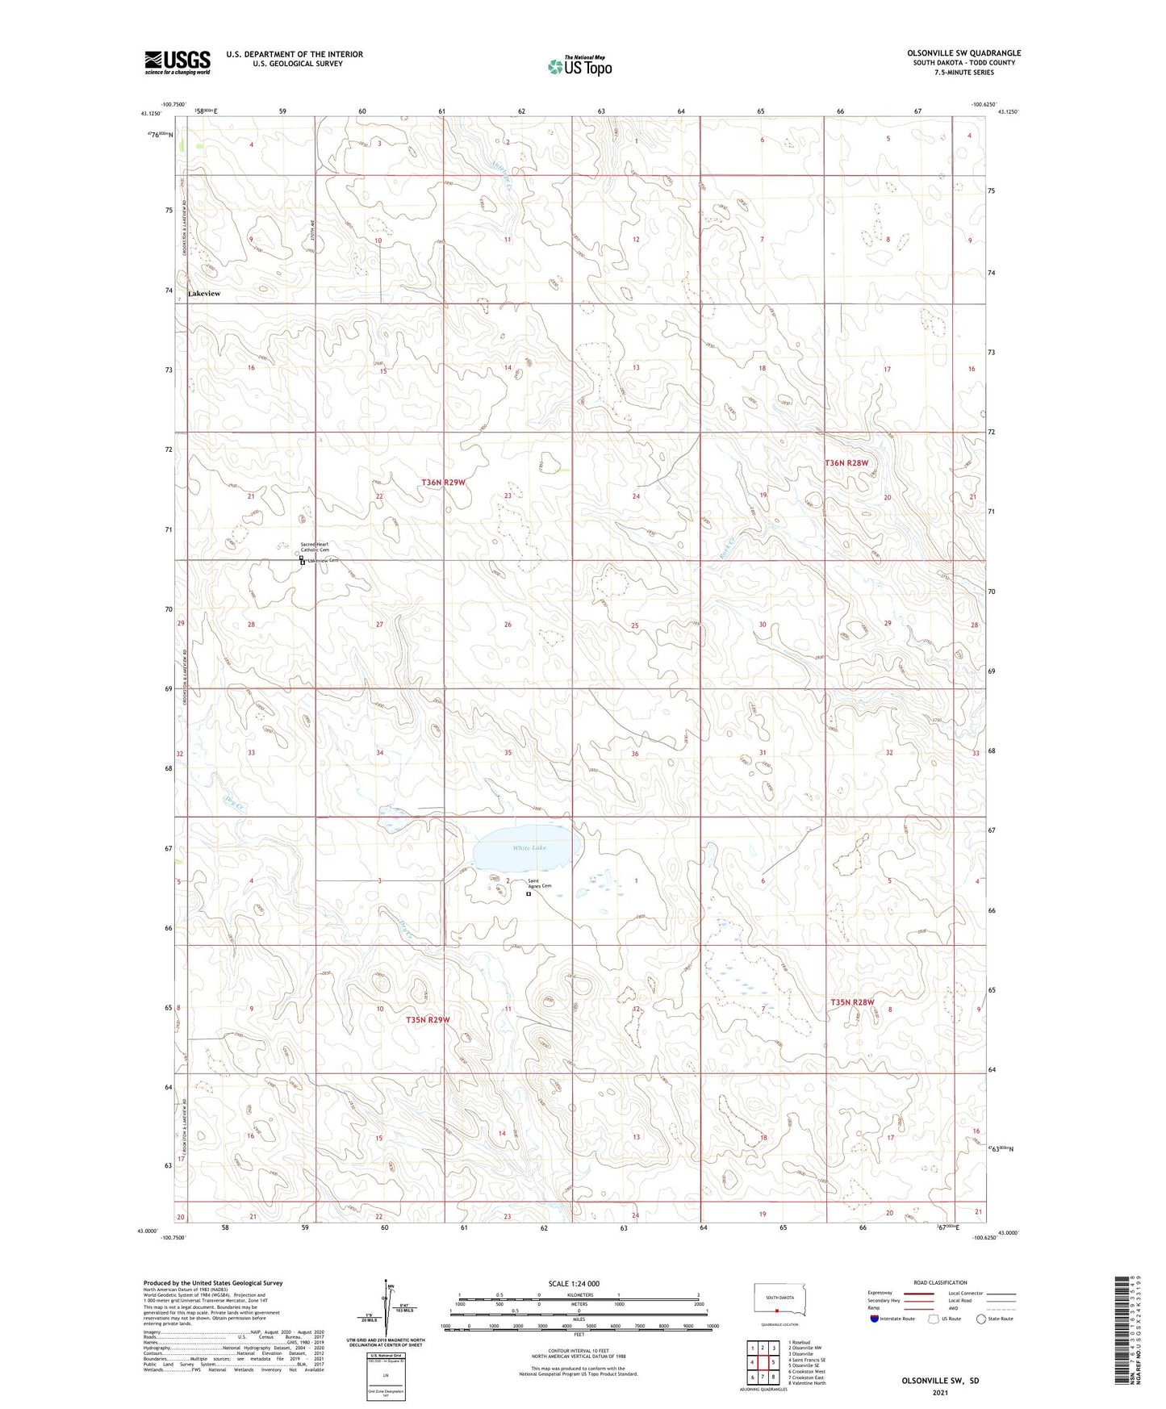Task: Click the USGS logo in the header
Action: pos(177,62)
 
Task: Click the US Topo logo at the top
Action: pos(579,66)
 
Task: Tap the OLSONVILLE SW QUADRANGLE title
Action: pos(963,53)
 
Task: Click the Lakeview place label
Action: pos(203,294)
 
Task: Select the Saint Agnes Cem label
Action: pos(540,884)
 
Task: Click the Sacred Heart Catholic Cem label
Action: pos(315,547)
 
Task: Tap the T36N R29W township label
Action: pos(443,483)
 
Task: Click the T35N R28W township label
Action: pos(852,1002)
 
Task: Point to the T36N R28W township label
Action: pos(846,463)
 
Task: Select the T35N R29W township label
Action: pos(428,1020)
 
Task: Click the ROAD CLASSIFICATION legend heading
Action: pos(941,1282)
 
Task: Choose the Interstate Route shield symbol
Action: pos(875,1319)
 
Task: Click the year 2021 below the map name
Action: pos(939,1393)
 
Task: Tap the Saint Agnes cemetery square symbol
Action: pos(529,894)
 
